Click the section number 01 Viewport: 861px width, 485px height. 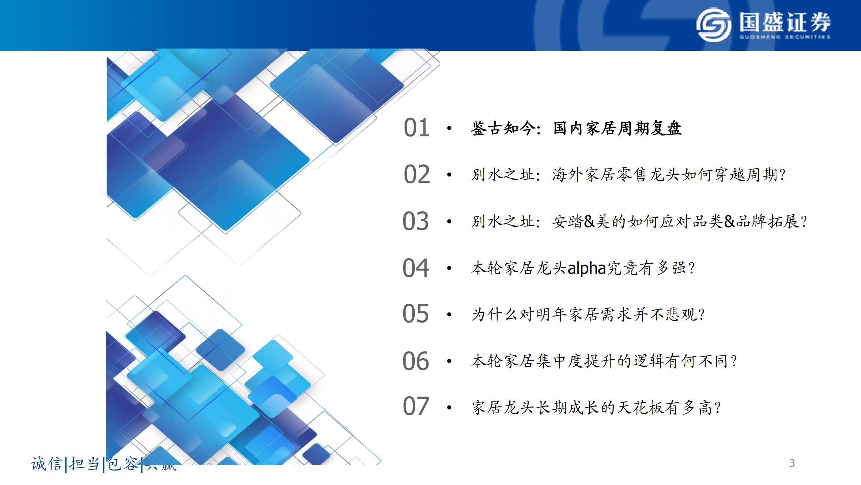pos(416,128)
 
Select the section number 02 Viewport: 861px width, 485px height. pos(417,174)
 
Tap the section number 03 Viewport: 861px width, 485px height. pos(416,221)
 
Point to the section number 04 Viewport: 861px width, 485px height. pos(416,268)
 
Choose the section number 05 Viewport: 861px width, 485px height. pos(416,314)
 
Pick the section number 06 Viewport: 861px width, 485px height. pos(416,361)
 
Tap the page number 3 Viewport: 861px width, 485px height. pos(792,463)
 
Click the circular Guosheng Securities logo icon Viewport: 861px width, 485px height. pos(713,25)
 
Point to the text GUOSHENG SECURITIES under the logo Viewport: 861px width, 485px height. pos(785,37)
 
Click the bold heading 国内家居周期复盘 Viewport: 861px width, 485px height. pos(617,128)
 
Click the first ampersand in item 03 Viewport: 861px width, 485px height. pos(589,221)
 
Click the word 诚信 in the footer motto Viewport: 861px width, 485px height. pos(47,464)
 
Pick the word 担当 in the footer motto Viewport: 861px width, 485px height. pos(84,464)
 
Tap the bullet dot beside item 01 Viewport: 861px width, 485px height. pos(449,128)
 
